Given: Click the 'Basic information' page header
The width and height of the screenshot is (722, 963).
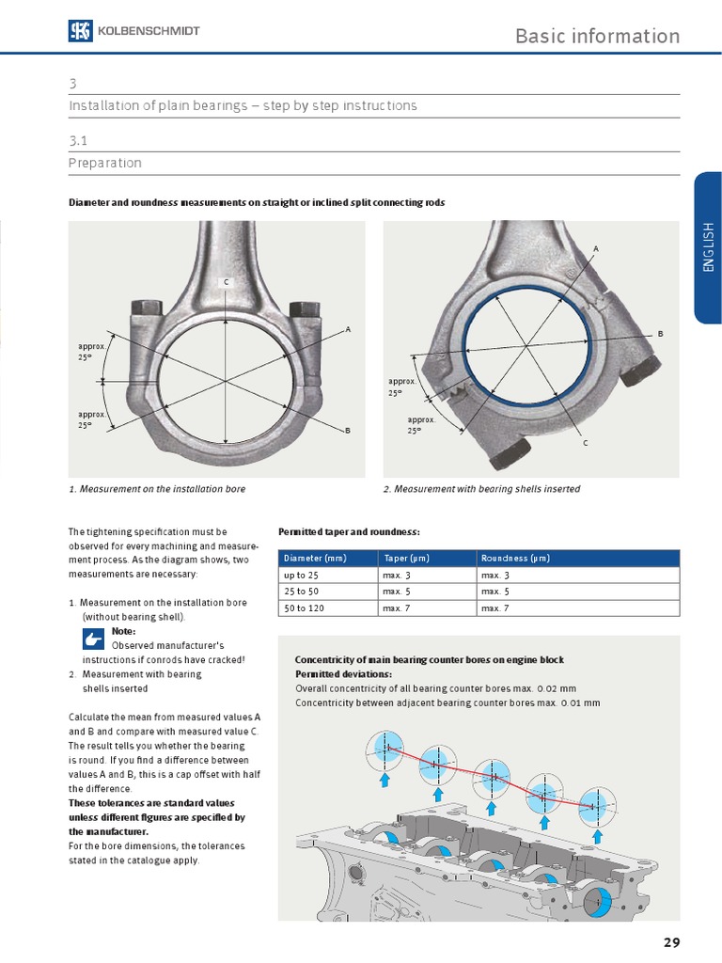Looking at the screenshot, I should (x=597, y=36).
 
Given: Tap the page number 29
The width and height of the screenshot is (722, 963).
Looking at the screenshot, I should (x=670, y=942).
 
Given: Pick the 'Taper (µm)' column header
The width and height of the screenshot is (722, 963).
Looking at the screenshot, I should (x=405, y=558).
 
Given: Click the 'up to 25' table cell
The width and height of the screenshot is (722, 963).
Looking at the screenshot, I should (x=302, y=575).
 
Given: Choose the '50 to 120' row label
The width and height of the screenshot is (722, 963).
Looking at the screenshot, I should (x=305, y=608).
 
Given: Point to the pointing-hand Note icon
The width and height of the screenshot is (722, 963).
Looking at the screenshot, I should (x=94, y=639).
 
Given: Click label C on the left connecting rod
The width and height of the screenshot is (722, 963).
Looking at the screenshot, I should (x=226, y=282).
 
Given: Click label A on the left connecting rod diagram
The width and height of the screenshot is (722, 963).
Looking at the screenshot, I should (x=348, y=329).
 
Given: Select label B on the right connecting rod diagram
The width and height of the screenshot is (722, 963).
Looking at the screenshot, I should (x=660, y=334).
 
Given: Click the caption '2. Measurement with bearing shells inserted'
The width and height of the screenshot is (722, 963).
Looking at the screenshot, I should (x=481, y=489).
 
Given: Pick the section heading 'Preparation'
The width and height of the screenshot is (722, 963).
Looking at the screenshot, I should (x=105, y=163).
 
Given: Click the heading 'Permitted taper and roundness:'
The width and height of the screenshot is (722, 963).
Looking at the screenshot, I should (x=349, y=532).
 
